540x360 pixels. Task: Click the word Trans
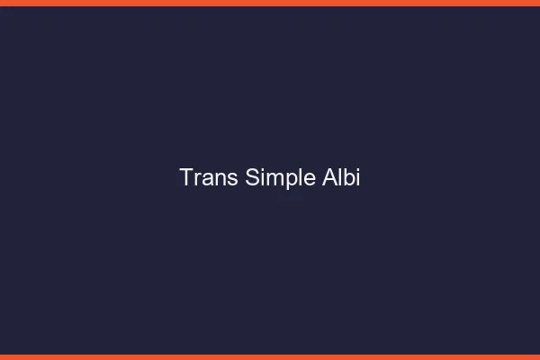[209, 177]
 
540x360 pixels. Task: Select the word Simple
[280, 177]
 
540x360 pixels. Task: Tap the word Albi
[341, 177]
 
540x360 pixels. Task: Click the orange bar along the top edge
[270, 3]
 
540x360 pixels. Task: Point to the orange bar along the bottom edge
[270, 357]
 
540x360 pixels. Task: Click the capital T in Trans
[186, 177]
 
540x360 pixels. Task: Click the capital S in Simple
[252, 177]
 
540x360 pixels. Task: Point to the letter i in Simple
[262, 177]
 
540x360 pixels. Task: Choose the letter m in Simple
[274, 179]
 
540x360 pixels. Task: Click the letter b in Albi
[347, 177]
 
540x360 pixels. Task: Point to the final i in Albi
[357, 177]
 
